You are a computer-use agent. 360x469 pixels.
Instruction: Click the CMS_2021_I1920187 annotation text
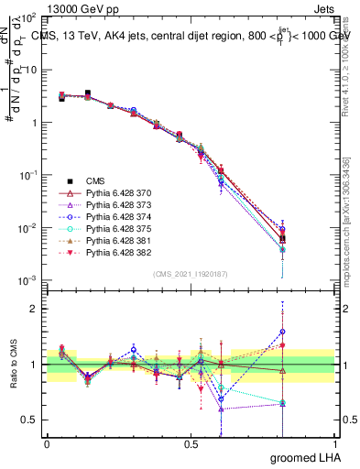(191, 273)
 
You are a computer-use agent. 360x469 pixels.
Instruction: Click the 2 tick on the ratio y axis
(31, 309)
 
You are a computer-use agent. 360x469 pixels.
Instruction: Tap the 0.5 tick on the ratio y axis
(27, 420)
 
